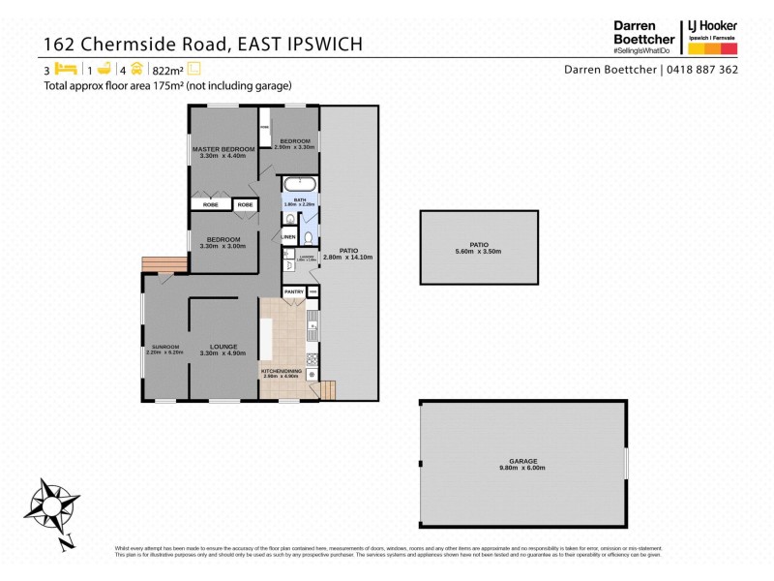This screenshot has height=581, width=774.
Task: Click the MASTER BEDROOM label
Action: tap(223, 148)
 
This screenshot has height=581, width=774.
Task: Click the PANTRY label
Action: tap(293, 291)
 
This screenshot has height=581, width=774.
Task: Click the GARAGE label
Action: tap(523, 461)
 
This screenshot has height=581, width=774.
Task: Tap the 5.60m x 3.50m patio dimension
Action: tap(478, 252)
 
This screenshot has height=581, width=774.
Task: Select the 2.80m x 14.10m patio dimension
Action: tap(347, 258)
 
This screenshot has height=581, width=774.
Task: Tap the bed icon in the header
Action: tap(66, 69)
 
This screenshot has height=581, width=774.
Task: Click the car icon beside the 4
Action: tap(137, 69)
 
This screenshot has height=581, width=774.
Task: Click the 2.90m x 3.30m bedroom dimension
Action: tap(295, 146)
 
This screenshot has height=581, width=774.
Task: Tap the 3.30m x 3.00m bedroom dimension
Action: tap(223, 246)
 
